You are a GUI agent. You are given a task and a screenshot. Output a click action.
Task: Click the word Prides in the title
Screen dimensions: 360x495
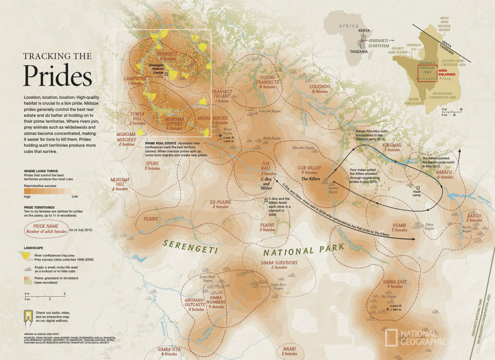click(x=58, y=76)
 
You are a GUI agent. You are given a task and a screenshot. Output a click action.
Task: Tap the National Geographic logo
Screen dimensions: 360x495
click(x=416, y=337)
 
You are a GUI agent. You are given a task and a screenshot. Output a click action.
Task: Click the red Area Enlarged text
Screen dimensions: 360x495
click(x=446, y=72)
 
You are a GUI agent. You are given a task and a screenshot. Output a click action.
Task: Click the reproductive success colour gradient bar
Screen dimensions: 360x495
click(x=51, y=191)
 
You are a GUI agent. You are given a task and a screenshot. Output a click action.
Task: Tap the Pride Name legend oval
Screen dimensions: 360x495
click(x=49, y=229)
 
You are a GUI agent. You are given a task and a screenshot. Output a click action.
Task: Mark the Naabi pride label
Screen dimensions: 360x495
click(x=289, y=350)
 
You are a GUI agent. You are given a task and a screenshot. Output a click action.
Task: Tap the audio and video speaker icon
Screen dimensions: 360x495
click(x=28, y=316)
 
